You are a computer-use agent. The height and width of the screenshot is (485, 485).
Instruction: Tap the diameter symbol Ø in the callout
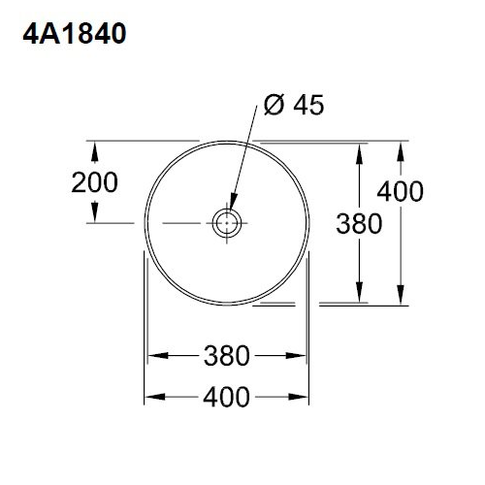[275, 105]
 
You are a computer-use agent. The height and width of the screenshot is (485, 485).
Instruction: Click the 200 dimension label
[94, 181]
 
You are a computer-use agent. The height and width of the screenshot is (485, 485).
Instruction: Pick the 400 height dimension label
[400, 191]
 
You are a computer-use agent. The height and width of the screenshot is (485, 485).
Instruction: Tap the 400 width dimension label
[228, 397]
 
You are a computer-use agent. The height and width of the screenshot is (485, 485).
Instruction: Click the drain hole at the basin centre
[227, 222]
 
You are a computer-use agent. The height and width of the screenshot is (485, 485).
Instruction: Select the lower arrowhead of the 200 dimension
[94, 214]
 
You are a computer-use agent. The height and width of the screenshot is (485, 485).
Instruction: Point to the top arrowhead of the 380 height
[360, 151]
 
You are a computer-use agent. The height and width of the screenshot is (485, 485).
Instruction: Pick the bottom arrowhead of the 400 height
[400, 296]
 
